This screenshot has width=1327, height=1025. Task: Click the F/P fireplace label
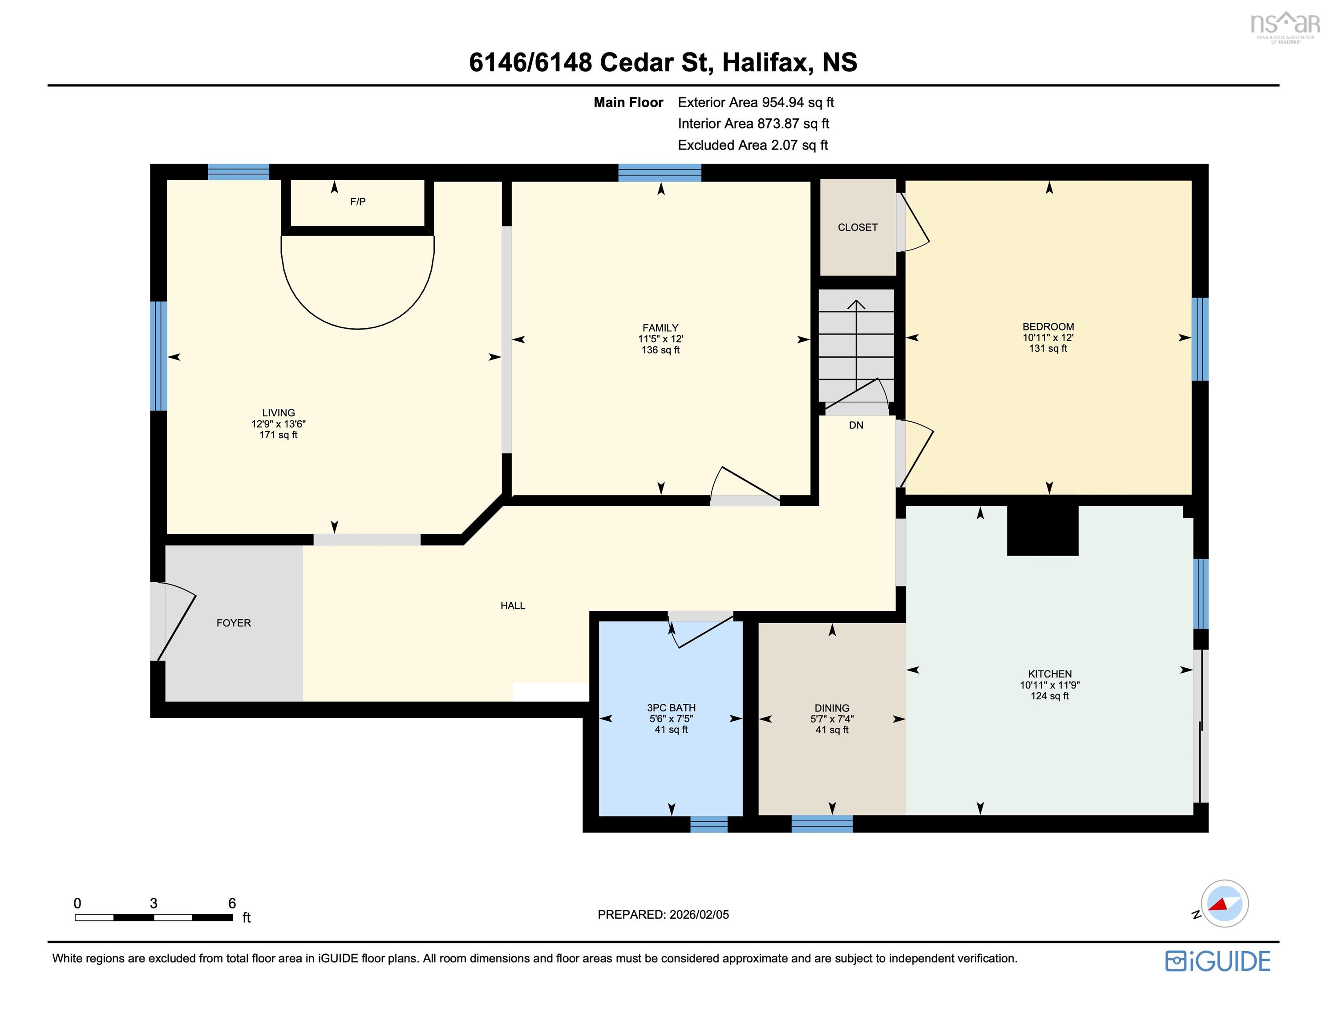click(358, 202)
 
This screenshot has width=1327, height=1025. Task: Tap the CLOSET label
click(858, 227)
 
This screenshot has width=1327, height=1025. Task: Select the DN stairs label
click(856, 425)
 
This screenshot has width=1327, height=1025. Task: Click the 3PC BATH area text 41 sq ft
click(672, 729)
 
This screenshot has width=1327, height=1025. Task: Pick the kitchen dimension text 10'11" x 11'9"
click(1050, 685)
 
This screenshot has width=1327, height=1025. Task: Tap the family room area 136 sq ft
click(660, 350)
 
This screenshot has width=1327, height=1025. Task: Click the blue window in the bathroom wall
click(708, 824)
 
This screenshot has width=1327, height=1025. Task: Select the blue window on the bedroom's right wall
click(1200, 339)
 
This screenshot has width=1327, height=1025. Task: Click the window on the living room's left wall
click(158, 356)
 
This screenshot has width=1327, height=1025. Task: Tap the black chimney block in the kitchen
click(1043, 530)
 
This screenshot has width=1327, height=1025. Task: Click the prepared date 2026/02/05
click(699, 914)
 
